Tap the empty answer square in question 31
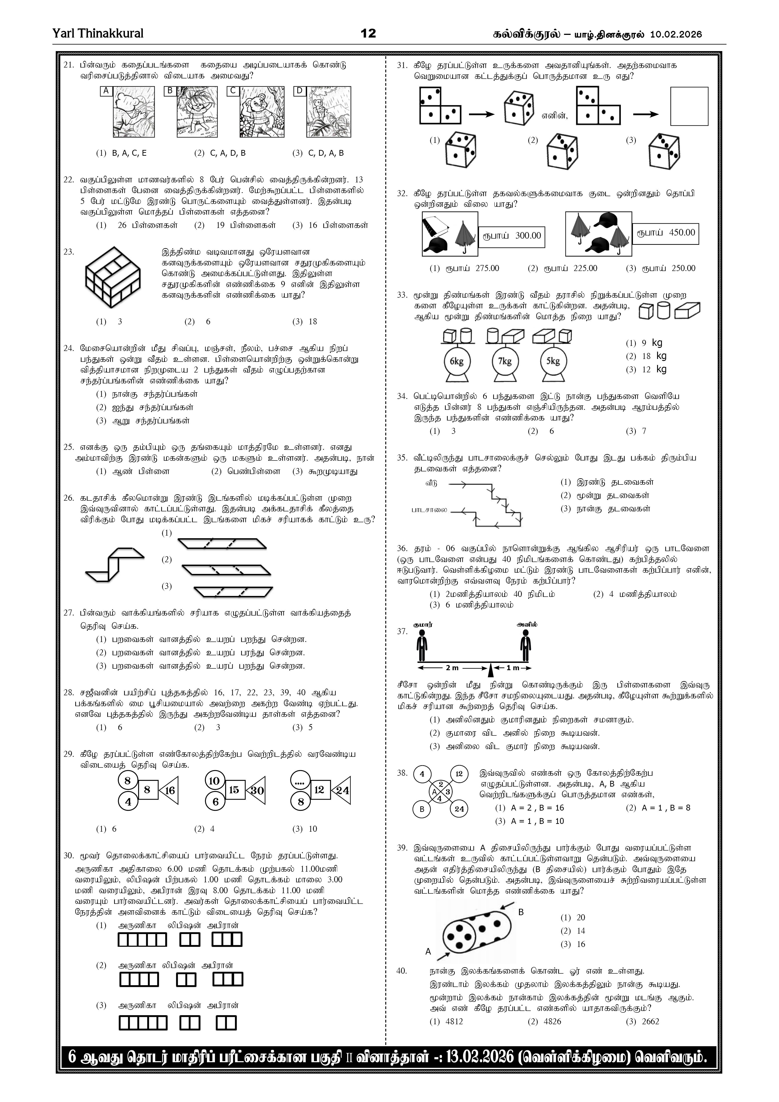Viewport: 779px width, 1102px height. [689, 106]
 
